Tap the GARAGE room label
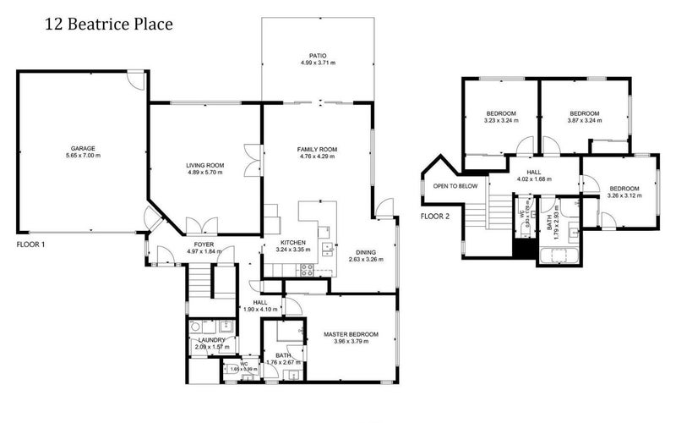coord(83,146)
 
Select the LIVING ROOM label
coord(204,165)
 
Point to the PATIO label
coord(318,54)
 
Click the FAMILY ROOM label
coord(317,150)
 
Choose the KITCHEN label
coord(293,242)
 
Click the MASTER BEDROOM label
coord(351,335)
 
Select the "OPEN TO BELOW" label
coord(455,186)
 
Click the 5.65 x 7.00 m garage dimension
coord(83,156)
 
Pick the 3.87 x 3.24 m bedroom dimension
coord(584,122)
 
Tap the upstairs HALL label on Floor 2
coord(534,171)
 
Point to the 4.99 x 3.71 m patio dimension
coord(318,63)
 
